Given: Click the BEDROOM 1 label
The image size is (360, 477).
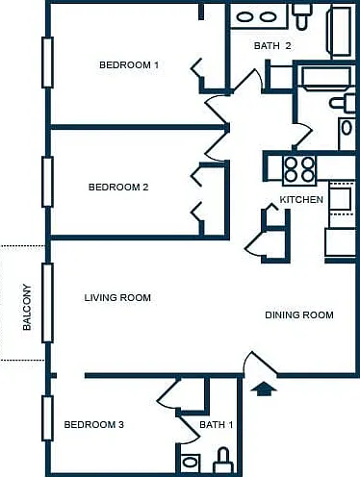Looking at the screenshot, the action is (129, 65).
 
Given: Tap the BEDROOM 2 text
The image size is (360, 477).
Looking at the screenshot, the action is (118, 187).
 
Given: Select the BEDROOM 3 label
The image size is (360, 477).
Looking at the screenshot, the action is (93, 425).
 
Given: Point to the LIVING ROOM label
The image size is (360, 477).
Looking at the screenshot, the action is (117, 298).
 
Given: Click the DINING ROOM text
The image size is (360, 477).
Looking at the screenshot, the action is (299, 315).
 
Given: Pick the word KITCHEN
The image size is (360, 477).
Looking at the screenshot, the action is (301, 200).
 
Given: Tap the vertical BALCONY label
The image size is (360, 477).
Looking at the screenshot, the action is (27, 307).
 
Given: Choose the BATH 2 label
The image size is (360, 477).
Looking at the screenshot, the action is (272, 46).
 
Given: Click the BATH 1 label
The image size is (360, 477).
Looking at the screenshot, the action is (217, 425).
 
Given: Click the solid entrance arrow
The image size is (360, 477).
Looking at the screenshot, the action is (264, 389).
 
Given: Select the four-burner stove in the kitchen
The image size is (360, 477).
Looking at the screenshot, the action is (299, 170).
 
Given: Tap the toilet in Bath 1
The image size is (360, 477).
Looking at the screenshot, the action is (223, 461).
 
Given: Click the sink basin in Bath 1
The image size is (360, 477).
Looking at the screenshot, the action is (190, 463).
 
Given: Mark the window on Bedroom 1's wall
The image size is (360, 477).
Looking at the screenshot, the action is (47, 63).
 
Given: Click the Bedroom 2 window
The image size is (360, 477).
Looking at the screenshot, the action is (47, 182).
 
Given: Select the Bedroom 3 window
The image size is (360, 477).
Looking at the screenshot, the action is (47, 418).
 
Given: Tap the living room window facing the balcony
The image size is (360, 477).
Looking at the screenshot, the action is (47, 303).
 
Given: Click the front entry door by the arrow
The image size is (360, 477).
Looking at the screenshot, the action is (261, 364).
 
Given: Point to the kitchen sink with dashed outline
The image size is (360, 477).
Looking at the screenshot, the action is (341, 199).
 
